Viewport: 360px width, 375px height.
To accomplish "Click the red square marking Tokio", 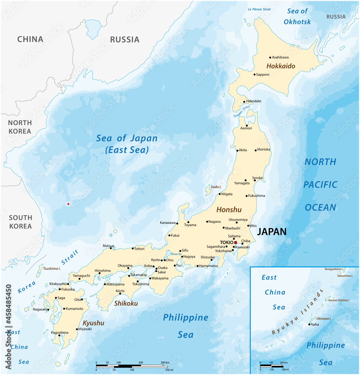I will pos(235,243).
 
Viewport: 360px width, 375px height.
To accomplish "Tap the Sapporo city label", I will pos(262,75).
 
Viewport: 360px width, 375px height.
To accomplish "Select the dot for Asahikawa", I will pos(270,57).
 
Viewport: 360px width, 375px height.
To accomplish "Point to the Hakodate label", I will pos(253,101).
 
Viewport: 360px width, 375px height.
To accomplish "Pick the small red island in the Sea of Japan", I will pos(68,204).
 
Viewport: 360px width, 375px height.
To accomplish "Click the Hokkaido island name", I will pos(281,66).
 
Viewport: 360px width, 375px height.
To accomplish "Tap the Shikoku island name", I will pos(126,303).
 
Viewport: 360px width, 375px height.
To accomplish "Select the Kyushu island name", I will pos(93,323).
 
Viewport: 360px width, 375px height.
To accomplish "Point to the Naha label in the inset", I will pos(315,324).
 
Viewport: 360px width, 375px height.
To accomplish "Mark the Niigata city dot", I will pos(220,194).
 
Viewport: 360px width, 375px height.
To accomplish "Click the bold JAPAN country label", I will pos(271,232).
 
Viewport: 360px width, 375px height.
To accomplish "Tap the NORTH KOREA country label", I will pos(20,127).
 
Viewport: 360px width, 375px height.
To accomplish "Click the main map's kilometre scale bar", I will pos(132,365).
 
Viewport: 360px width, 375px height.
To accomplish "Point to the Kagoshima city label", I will pos(59,333).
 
